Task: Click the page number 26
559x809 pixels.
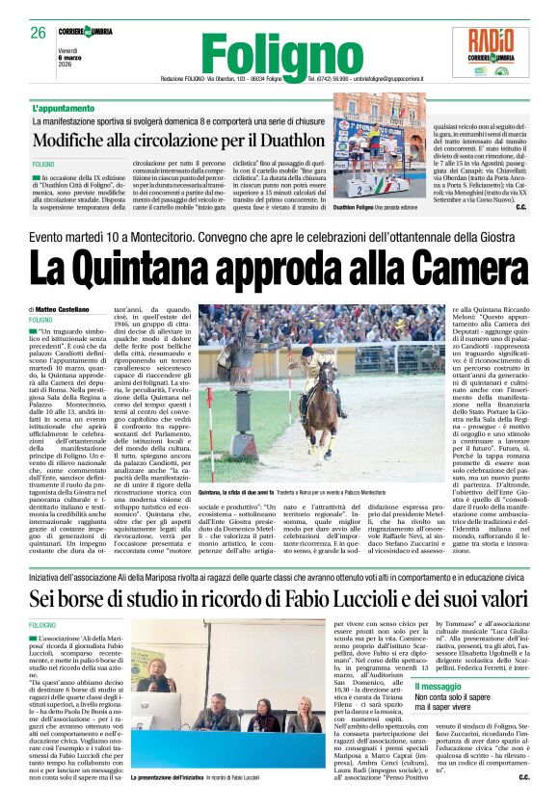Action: pos(38,32)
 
